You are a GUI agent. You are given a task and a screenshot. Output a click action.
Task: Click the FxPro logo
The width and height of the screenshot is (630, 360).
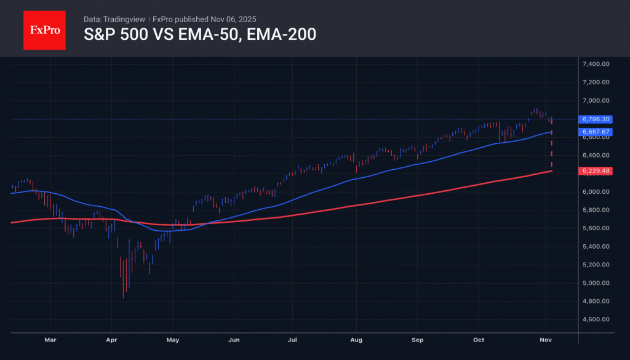click(44, 29)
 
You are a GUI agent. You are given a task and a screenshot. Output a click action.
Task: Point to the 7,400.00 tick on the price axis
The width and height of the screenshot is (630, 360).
click(595, 64)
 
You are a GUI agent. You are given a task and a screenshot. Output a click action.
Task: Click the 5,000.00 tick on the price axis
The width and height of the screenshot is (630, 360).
click(595, 283)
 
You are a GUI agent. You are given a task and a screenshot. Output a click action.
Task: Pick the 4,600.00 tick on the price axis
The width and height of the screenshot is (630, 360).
click(595, 319)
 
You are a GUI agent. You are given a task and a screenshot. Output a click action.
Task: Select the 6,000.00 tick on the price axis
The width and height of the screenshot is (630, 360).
click(595, 192)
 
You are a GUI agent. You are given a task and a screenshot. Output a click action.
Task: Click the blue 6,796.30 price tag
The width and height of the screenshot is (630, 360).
click(595, 119)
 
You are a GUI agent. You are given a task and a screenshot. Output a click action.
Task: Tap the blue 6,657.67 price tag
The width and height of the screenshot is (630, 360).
click(595, 132)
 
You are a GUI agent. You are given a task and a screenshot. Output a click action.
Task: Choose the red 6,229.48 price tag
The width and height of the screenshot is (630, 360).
click(595, 171)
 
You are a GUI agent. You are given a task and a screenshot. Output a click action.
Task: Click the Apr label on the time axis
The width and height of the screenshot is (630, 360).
click(111, 340)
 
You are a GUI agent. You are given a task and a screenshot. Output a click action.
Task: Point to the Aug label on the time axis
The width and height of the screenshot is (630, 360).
click(357, 340)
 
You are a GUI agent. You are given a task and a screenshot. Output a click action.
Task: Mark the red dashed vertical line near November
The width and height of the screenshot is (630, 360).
click(551, 151)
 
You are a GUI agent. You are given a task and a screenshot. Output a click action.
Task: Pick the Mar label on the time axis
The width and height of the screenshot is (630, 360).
click(50, 340)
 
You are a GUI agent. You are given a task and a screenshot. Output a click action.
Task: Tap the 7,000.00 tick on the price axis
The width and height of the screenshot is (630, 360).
click(595, 100)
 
